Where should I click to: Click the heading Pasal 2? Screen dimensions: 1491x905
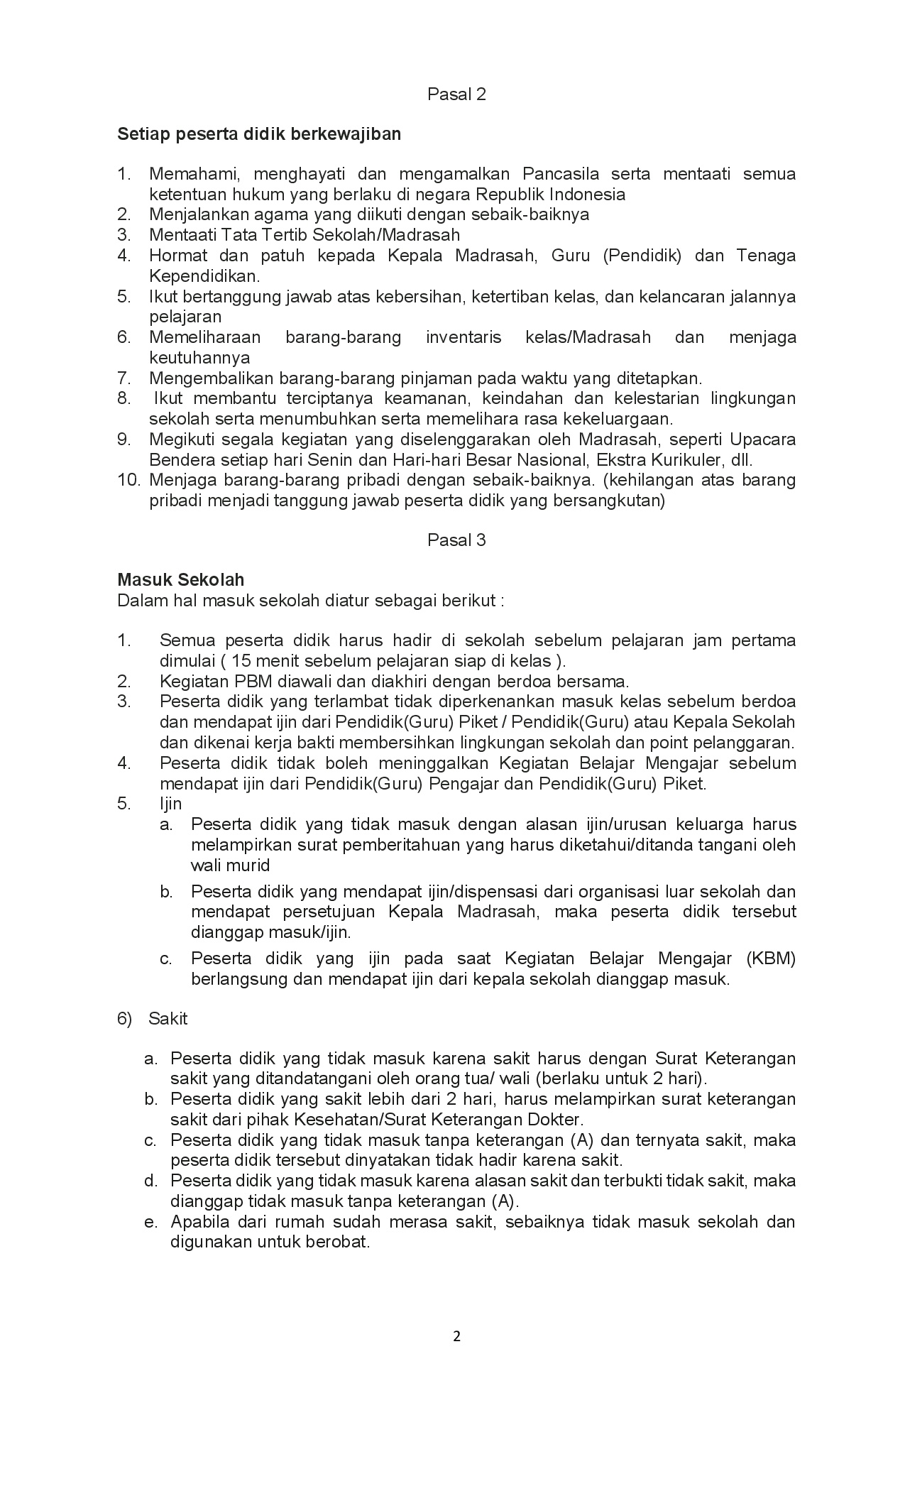[x=456, y=94]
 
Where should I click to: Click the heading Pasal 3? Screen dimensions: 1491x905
[x=456, y=540]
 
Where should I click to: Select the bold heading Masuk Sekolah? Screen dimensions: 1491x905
[x=180, y=580]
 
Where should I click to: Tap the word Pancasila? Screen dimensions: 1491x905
[x=561, y=174]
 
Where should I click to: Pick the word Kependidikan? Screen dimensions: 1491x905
[x=204, y=275]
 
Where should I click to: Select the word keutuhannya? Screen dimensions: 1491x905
[x=199, y=357]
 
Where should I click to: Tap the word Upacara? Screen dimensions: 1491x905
[x=762, y=439]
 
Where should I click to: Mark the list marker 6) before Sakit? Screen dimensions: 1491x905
[x=125, y=1019]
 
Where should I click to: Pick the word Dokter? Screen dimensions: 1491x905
[x=556, y=1120]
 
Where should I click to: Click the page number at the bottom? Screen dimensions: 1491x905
[x=456, y=1337]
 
